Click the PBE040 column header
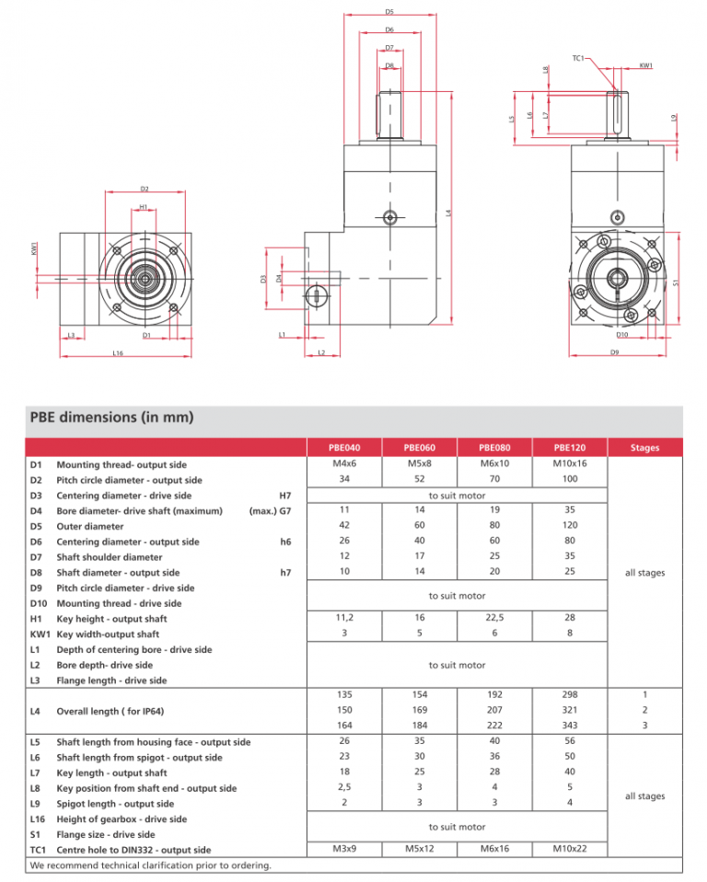[x=344, y=448]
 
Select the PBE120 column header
[x=570, y=448]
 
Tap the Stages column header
[x=644, y=448]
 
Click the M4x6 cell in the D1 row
[x=344, y=464]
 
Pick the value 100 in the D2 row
[x=570, y=479]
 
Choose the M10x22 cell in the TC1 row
[x=570, y=849]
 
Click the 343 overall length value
[x=570, y=725]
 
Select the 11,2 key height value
[x=344, y=618]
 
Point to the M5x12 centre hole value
[x=420, y=849]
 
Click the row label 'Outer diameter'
[x=90, y=527]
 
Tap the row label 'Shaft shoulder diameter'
[x=109, y=557]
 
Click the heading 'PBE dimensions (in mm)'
[x=111, y=417]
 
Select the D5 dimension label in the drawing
[x=389, y=12]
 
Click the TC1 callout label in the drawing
[x=578, y=58]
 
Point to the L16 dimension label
[x=118, y=353]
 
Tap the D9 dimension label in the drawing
[x=615, y=352]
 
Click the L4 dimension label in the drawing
[x=448, y=213]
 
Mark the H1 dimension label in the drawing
[x=144, y=207]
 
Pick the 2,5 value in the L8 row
[x=344, y=787]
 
